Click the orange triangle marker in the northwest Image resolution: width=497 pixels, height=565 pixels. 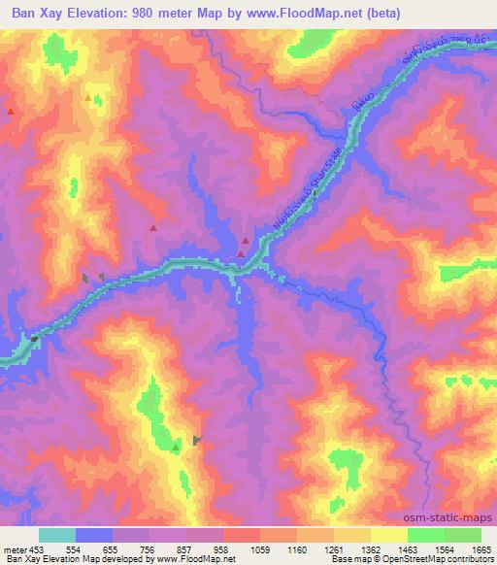coord(88,98)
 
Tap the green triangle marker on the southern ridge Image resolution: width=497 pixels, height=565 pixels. coord(175,448)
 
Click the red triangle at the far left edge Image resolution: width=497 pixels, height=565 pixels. coord(11,112)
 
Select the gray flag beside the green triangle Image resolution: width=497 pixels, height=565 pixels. coord(197,441)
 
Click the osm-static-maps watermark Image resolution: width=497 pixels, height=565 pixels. coord(448,519)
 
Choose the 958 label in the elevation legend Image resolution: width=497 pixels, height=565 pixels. coord(222,549)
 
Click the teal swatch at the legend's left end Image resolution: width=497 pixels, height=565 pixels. coord(57,535)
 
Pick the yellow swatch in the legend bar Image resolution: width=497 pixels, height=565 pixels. coord(388,535)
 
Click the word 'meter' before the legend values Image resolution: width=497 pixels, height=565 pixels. coord(16,549)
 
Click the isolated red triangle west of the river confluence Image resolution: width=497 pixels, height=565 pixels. coord(153,227)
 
